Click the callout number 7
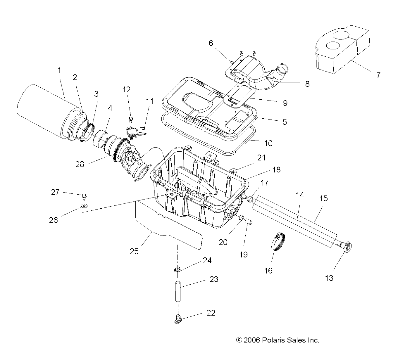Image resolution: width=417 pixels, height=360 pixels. [378, 75]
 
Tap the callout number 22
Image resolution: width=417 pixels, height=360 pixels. [211, 313]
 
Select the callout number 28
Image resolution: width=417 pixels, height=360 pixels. [80, 164]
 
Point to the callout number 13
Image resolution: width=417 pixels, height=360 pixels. [329, 278]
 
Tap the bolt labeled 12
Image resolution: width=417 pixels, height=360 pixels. [131, 119]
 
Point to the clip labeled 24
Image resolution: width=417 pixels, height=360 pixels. [177, 269]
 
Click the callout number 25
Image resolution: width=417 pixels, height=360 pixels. [134, 251]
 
